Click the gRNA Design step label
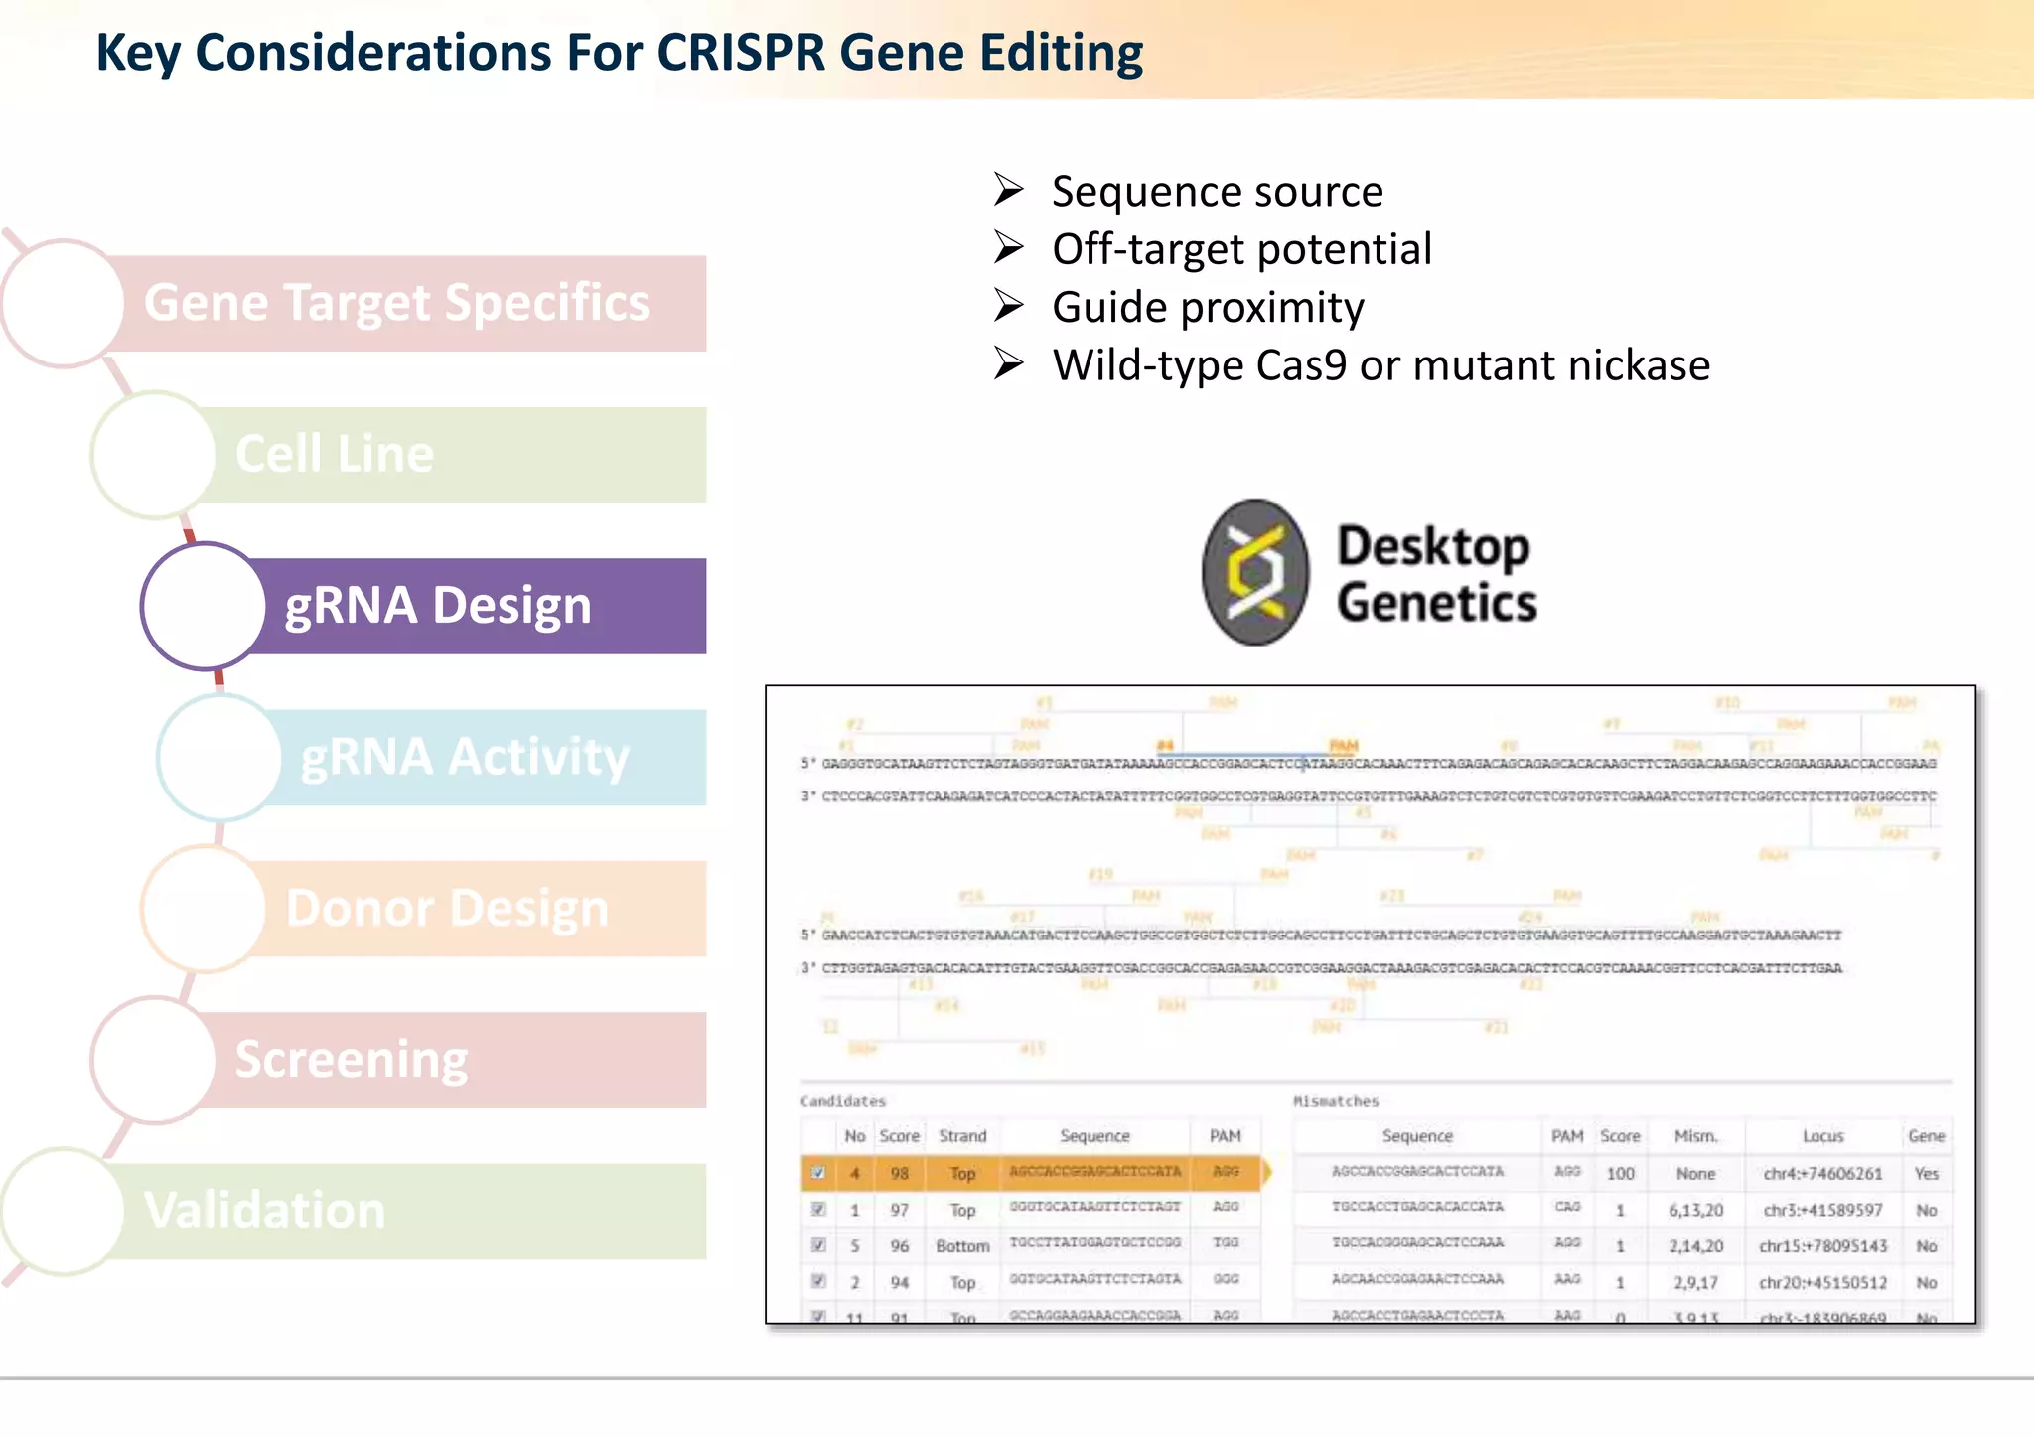tap(438, 606)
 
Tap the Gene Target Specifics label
tap(396, 303)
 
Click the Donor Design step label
tap(447, 909)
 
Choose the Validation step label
tap(264, 1211)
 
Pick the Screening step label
tap(352, 1060)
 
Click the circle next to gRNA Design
tap(204, 606)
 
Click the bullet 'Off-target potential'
tap(1241, 249)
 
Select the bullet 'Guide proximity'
tap(1208, 308)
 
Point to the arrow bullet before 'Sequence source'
tap(1008, 189)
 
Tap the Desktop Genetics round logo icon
tap(1255, 572)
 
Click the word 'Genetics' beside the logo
tap(1436, 603)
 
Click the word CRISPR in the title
tap(741, 53)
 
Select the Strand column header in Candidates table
tap(962, 1136)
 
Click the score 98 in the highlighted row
tap(899, 1174)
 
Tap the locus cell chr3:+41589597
tap(1822, 1210)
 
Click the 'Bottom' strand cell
tap(962, 1246)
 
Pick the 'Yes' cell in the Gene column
tap(1926, 1174)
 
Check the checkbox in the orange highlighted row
tap(818, 1173)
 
